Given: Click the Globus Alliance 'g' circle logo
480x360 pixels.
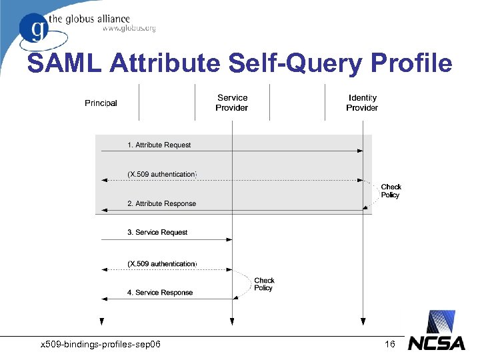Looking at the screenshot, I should tap(33, 28).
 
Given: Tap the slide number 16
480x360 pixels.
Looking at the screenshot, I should tap(390, 344).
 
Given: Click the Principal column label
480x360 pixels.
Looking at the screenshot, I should tap(101, 103).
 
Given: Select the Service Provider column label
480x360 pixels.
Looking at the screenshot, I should tap(231, 103).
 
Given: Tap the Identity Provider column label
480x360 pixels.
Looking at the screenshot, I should tap(362, 103).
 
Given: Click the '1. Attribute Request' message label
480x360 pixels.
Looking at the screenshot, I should tap(159, 145).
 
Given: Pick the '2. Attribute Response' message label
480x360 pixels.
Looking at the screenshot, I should tap(161, 203).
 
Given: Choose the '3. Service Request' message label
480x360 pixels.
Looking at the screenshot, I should tap(157, 232).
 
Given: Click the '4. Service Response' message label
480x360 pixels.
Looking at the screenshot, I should tap(160, 292).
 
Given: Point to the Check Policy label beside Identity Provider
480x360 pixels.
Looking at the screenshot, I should tap(391, 191).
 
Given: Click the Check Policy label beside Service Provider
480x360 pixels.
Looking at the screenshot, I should tap(264, 284).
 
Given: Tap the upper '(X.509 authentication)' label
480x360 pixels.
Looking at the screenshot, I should tap(161, 174).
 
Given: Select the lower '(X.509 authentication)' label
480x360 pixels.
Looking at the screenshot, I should tap(161, 264).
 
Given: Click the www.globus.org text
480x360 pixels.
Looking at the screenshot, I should tap(129, 28).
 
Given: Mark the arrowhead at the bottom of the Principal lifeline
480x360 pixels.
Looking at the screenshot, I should tap(101, 321).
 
